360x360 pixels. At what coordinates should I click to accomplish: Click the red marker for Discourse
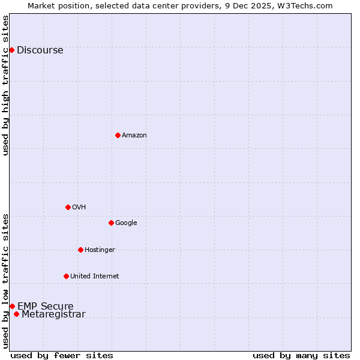tap(11, 50)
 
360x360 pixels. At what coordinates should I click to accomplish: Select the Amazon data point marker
tap(118, 135)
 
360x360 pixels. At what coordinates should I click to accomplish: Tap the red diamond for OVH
tap(68, 207)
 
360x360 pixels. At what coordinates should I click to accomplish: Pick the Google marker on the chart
tap(111, 223)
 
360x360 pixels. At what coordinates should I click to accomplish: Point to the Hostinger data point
tap(80, 250)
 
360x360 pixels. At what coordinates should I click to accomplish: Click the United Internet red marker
tap(66, 276)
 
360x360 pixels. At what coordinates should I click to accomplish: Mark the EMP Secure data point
tap(12, 306)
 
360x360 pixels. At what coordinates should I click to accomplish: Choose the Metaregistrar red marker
tap(16, 314)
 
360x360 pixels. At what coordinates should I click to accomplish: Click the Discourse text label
tap(40, 50)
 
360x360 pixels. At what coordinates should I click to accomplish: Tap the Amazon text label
tap(134, 136)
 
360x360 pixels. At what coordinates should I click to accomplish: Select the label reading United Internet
tap(94, 277)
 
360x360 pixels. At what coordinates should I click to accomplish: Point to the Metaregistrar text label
tap(53, 314)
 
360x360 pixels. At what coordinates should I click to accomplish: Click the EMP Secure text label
tap(45, 307)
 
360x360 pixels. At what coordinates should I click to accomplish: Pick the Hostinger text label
tap(100, 250)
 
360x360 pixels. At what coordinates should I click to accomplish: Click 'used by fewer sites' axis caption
tap(62, 355)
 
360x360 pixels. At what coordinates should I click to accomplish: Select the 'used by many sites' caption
tap(301, 355)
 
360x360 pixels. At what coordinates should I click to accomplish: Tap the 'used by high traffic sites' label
tap(5, 85)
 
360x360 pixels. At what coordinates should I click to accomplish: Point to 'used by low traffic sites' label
tap(5, 280)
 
